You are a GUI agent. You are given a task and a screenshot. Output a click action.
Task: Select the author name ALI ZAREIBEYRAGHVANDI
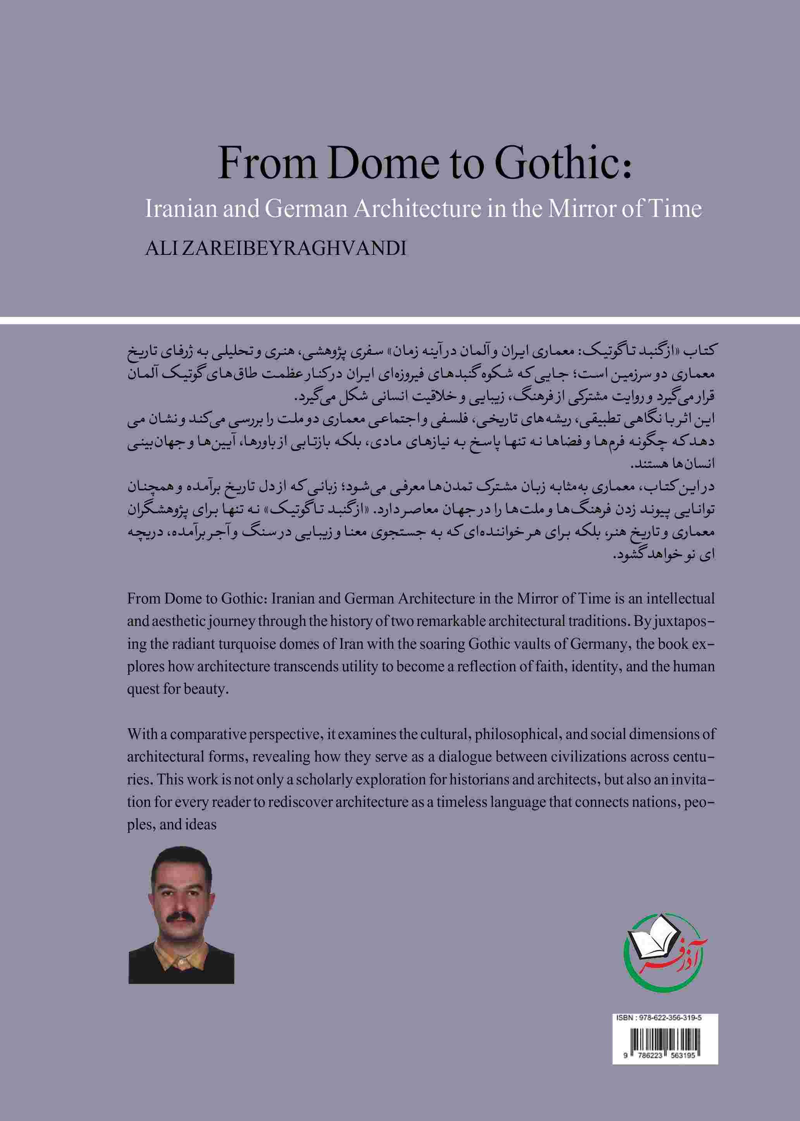pyautogui.click(x=276, y=249)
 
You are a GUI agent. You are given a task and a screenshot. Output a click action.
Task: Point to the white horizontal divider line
pyautogui.click(x=400, y=319)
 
